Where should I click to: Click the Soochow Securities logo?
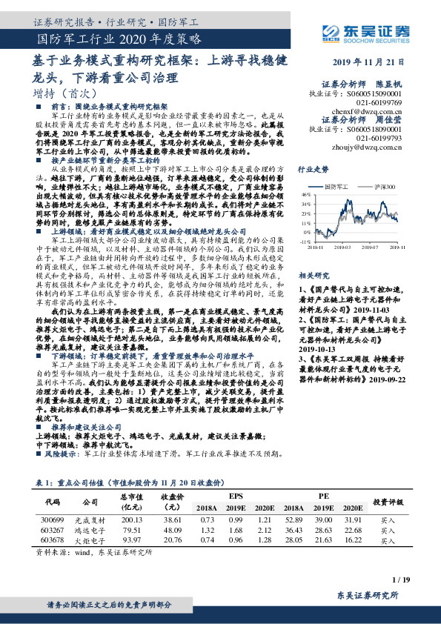[x=369, y=30]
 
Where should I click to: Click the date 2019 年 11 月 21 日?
[x=377, y=62]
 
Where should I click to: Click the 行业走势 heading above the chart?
[x=313, y=170]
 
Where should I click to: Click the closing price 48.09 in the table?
[x=172, y=530]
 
